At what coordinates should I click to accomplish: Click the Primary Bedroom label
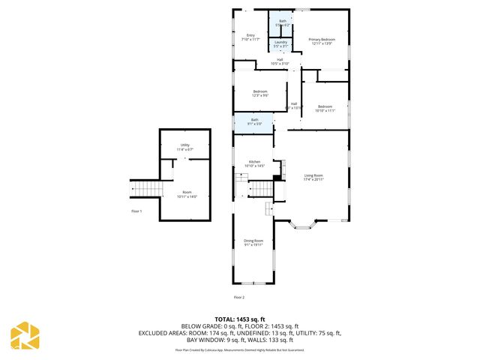(x=325, y=39)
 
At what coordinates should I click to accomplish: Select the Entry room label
(x=251, y=34)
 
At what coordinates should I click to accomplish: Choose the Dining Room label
(x=253, y=241)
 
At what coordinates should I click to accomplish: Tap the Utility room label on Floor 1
(x=184, y=145)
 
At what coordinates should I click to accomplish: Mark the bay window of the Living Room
(x=305, y=223)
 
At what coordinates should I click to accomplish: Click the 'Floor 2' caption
(x=238, y=298)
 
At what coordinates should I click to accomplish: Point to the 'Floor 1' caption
(x=136, y=211)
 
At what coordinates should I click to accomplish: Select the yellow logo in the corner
(x=25, y=335)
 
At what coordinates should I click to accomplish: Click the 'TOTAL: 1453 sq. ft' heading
(x=240, y=319)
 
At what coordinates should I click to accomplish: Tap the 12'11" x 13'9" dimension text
(x=325, y=43)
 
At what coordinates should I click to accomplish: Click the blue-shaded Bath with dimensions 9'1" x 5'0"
(x=254, y=121)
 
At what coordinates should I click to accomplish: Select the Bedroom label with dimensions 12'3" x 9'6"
(x=259, y=91)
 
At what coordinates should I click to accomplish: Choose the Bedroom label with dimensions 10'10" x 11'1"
(x=325, y=106)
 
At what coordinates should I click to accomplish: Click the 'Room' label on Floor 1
(x=187, y=192)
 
